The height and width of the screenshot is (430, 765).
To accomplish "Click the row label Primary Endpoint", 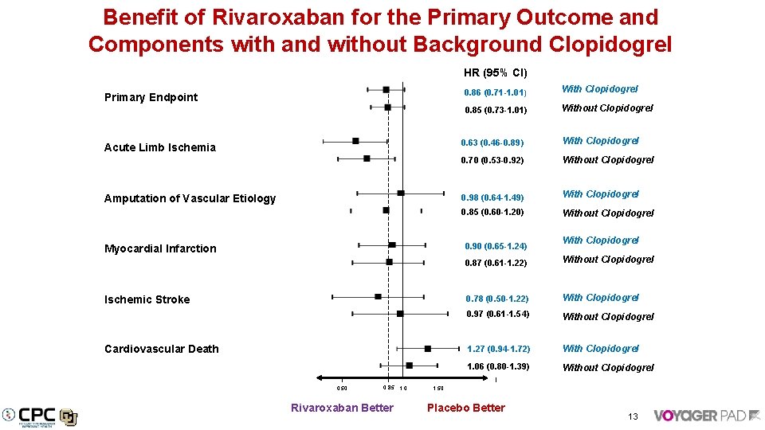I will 151,97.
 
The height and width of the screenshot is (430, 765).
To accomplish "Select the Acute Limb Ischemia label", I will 160,147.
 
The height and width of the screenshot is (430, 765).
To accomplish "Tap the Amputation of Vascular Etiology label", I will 190,198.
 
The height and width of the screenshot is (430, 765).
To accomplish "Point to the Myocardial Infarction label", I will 160,248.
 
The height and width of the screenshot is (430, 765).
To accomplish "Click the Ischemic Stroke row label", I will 147,299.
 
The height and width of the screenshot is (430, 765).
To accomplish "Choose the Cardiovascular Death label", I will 162,349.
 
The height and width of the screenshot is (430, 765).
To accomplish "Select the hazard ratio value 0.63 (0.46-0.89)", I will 492,143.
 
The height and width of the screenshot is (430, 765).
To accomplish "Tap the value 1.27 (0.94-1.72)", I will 498,350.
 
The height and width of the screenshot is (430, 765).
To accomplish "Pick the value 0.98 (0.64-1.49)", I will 492,197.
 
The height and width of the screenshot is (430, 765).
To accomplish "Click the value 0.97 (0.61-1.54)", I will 498,315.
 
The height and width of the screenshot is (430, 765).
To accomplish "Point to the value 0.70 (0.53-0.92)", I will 492,161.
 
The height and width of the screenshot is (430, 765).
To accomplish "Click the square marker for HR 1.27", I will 428,349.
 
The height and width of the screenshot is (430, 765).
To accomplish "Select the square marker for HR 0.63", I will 356,141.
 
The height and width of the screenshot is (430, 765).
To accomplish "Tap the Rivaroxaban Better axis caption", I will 342,408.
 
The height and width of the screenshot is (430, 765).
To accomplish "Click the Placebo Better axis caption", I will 466,408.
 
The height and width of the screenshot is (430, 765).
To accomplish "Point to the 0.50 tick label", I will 342,389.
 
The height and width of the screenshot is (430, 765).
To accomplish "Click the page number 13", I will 633,416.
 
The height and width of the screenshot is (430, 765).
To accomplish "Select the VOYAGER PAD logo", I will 705,415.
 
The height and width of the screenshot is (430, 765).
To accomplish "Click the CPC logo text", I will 37,415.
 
